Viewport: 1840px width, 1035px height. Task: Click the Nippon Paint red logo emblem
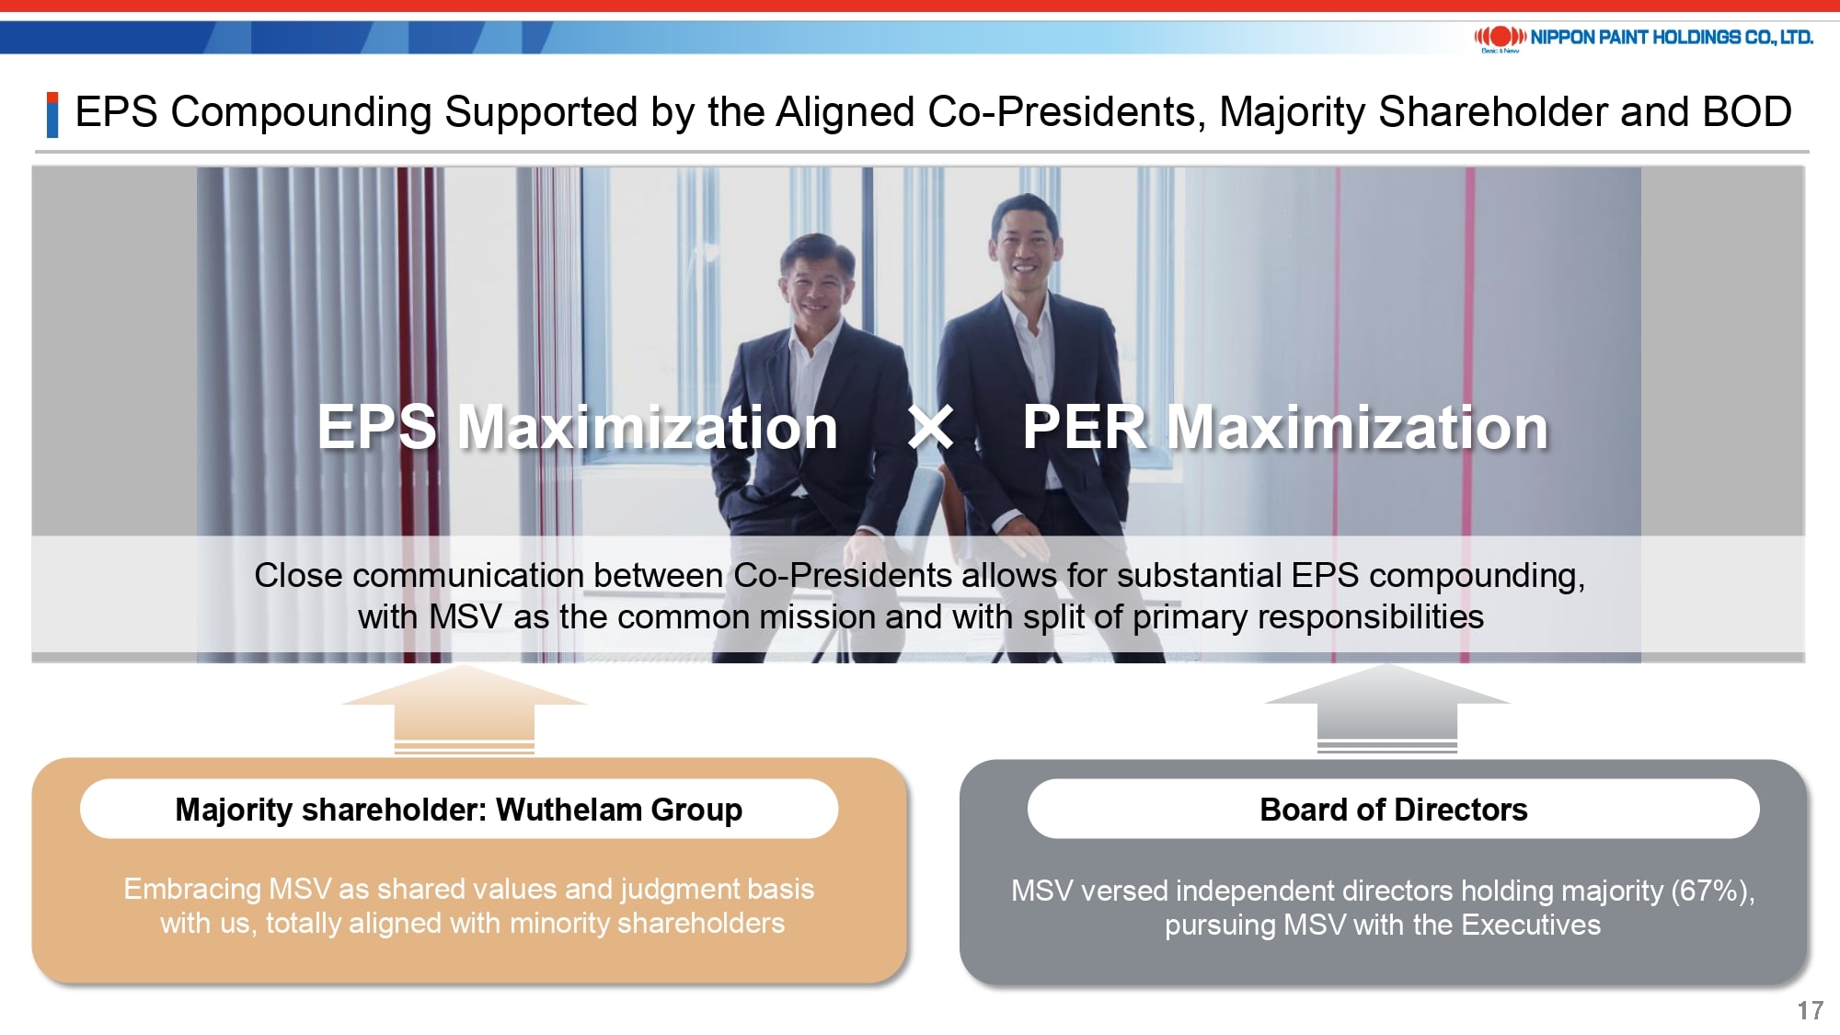(x=1501, y=37)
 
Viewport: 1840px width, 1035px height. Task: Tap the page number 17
(x=1810, y=1011)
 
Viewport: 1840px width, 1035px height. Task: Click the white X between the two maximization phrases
(x=930, y=428)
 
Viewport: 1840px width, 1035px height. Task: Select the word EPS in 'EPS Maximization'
(x=376, y=427)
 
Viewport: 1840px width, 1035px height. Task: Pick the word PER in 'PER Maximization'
(x=1084, y=427)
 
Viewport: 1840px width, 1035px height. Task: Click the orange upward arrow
(x=465, y=709)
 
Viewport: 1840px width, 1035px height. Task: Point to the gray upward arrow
(x=1387, y=709)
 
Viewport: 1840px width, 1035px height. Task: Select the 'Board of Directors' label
(x=1393, y=810)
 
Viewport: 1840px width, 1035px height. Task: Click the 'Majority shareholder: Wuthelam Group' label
(x=458, y=810)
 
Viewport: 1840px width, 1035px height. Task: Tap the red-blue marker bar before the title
(x=52, y=115)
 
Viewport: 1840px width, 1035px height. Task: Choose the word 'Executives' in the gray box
(x=1531, y=925)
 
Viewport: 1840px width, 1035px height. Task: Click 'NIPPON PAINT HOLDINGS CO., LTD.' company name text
(x=1672, y=38)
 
